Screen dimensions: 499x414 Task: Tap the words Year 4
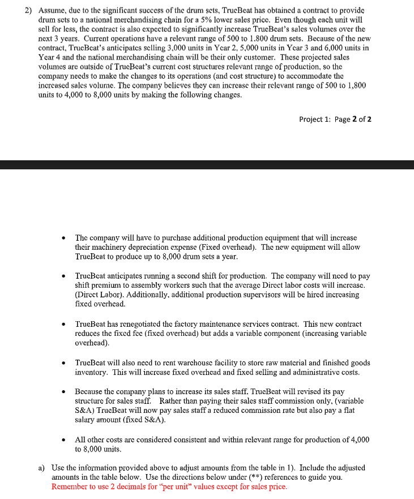[40, 58]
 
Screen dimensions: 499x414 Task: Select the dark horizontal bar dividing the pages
[207, 165]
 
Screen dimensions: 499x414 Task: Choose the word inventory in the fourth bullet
[92, 372]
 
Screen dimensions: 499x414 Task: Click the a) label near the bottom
[41, 468]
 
